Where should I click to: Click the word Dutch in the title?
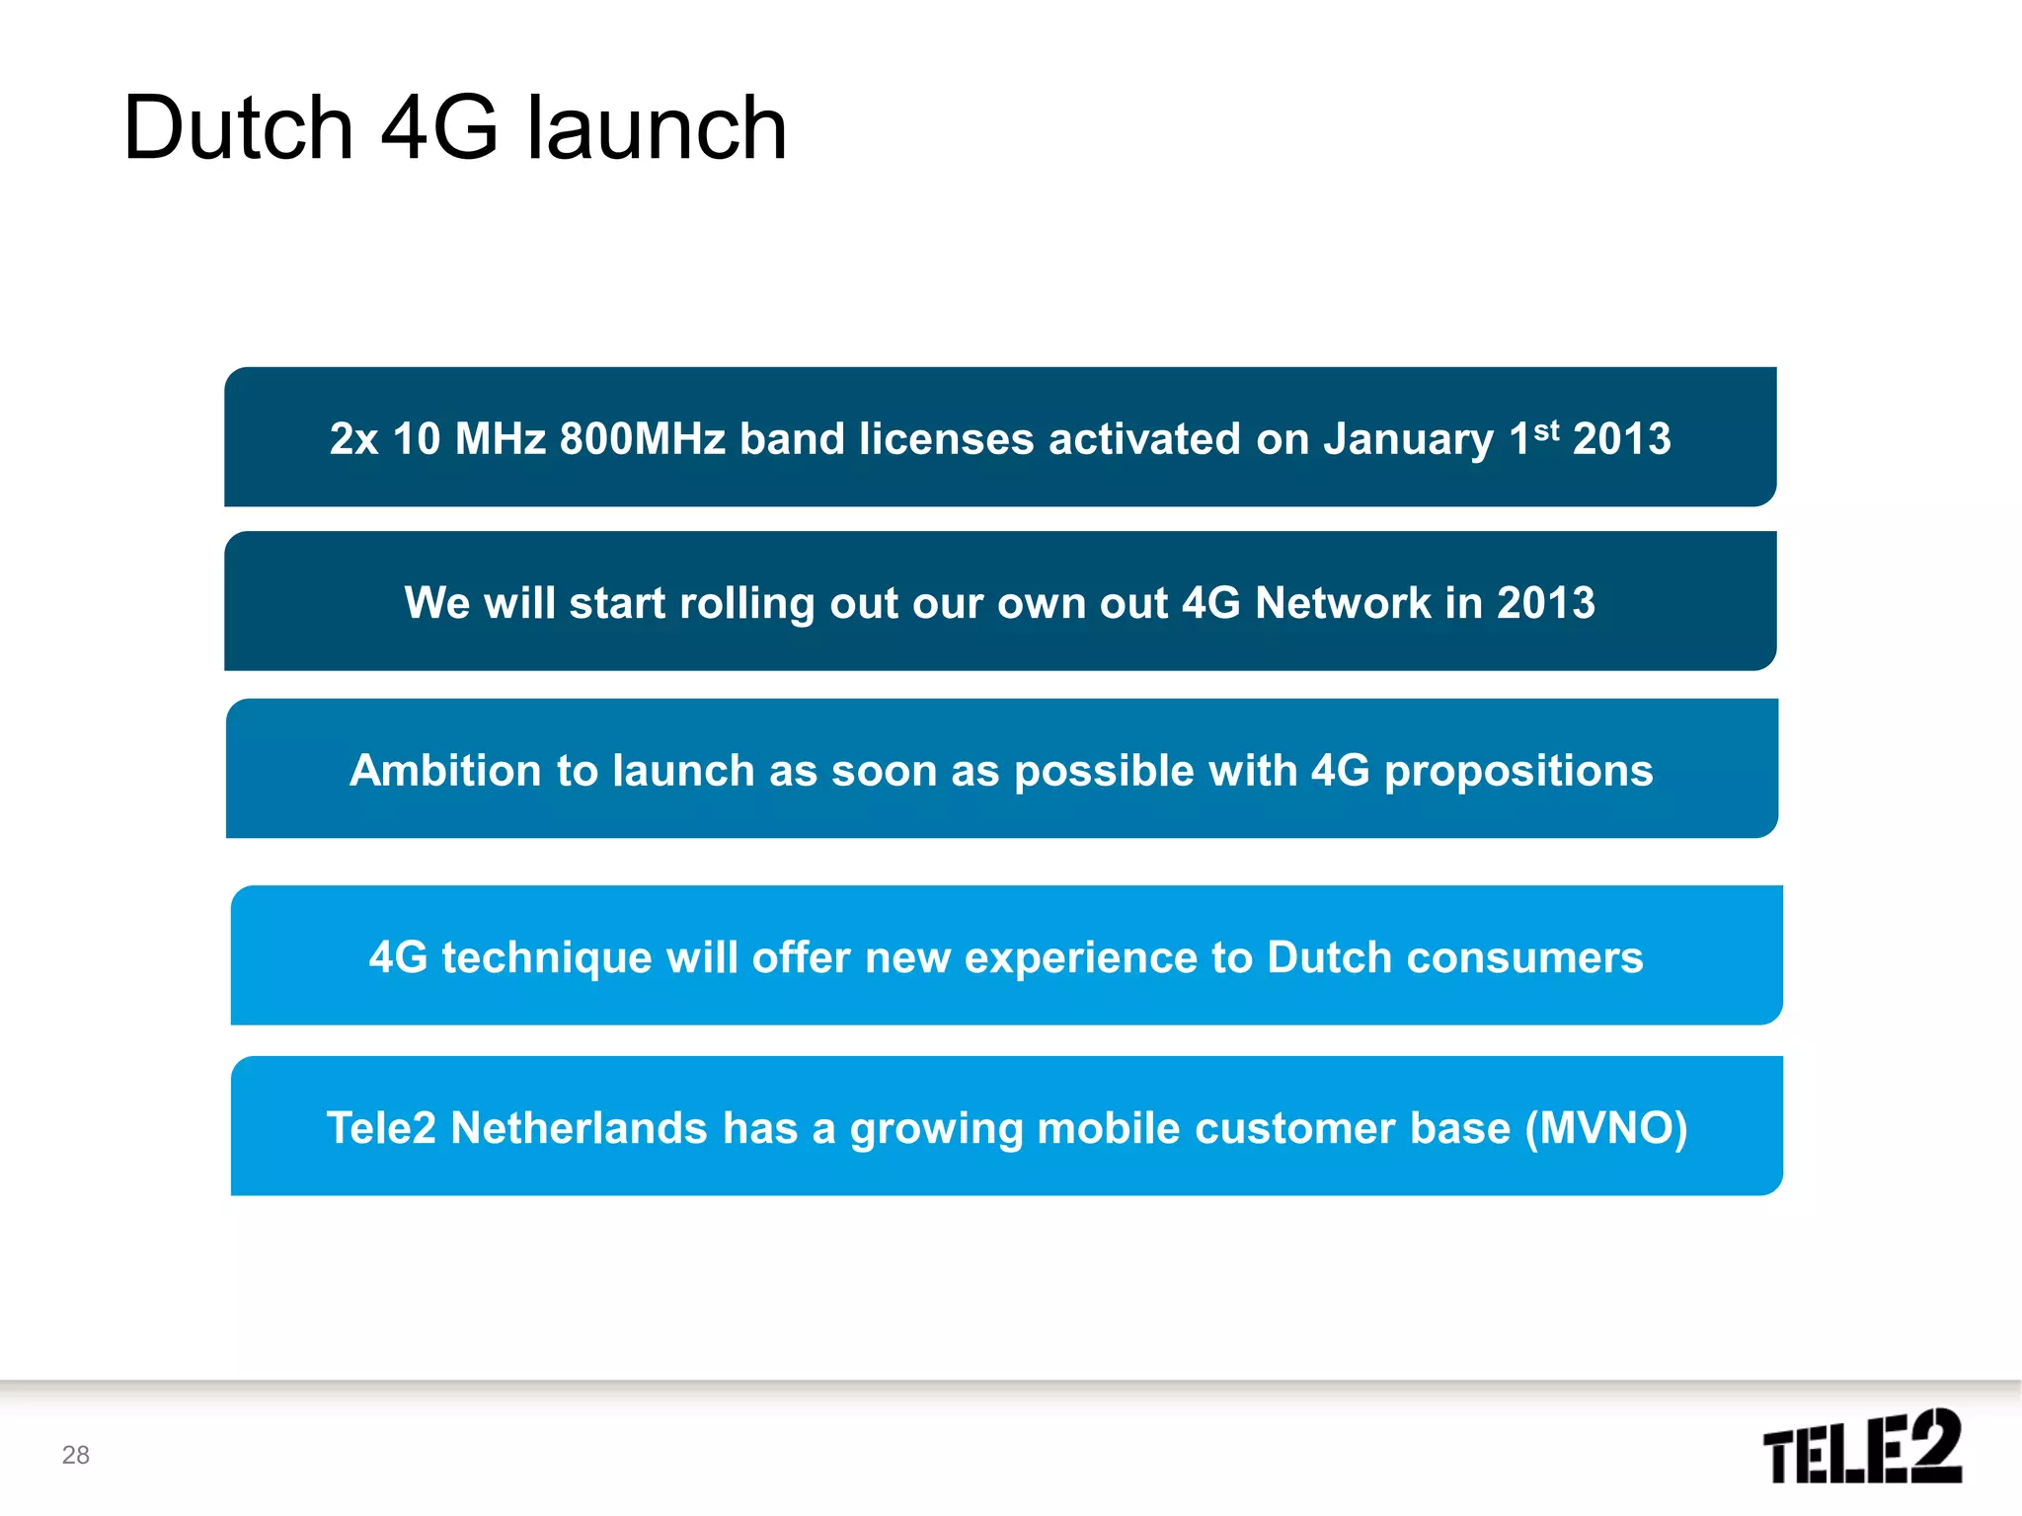(238, 128)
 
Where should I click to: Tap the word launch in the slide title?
(657, 128)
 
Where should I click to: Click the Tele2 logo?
(1861, 1447)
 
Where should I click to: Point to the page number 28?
(76, 1455)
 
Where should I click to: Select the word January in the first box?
(1408, 440)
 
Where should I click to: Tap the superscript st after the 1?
(1547, 430)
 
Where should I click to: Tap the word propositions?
(1518, 771)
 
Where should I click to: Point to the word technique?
(547, 958)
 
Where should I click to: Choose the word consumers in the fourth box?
(1524, 958)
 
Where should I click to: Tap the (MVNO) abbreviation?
(1606, 1129)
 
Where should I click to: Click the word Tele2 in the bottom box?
(380, 1129)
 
